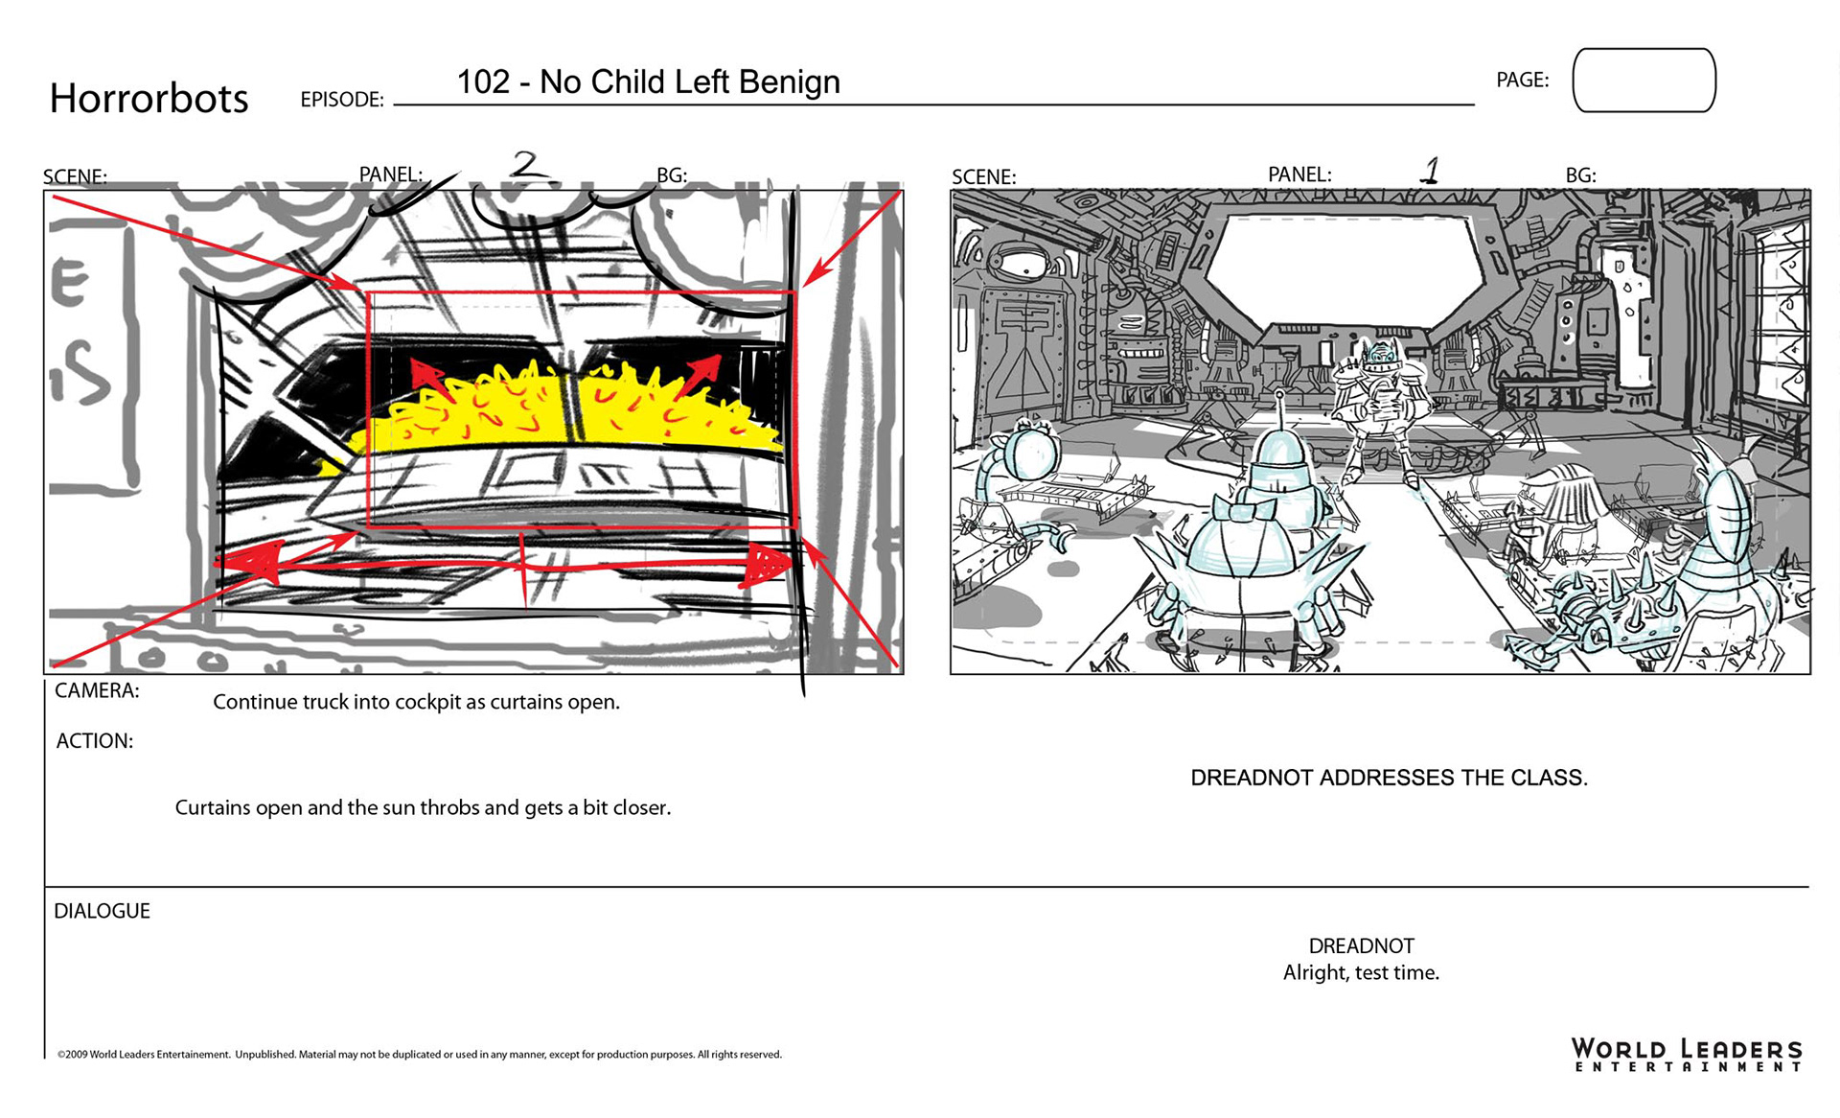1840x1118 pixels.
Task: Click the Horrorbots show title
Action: (x=149, y=98)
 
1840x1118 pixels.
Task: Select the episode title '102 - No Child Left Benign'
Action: (x=648, y=82)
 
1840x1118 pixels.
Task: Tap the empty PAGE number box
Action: (x=1644, y=81)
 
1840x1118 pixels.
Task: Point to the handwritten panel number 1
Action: (x=1430, y=171)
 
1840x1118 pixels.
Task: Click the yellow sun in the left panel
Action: (x=575, y=412)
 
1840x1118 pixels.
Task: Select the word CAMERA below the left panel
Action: (x=97, y=690)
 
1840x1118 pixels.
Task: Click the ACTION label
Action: (x=94, y=741)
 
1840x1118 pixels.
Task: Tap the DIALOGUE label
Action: (x=102, y=911)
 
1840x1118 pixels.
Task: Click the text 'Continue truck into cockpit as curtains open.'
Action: (x=416, y=702)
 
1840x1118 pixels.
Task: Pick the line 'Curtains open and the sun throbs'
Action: (x=423, y=807)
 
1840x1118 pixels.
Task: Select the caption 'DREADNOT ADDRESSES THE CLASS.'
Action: (x=1389, y=778)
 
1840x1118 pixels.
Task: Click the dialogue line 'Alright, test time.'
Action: (x=1361, y=973)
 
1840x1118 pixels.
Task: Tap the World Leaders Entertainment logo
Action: (x=1687, y=1054)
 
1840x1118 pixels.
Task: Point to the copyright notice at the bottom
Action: (x=419, y=1055)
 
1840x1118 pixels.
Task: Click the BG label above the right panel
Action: (x=1580, y=175)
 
